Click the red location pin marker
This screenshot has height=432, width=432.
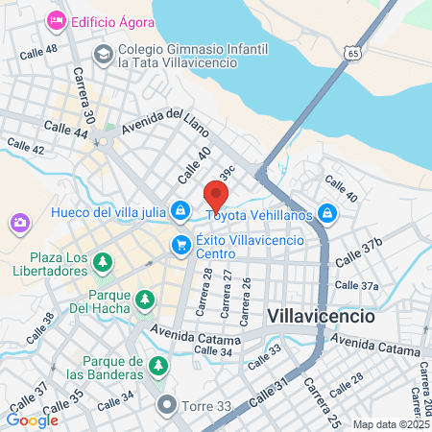pyautogui.click(x=214, y=195)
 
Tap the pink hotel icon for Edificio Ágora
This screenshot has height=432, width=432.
pyautogui.click(x=57, y=18)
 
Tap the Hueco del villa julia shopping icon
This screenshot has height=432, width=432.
pyautogui.click(x=180, y=209)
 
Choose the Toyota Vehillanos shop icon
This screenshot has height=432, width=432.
pyautogui.click(x=327, y=212)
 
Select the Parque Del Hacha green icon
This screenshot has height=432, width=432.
pyautogui.click(x=143, y=300)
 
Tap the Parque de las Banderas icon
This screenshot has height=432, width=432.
pyautogui.click(x=158, y=366)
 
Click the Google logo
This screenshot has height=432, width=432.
pyautogui.click(x=32, y=420)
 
